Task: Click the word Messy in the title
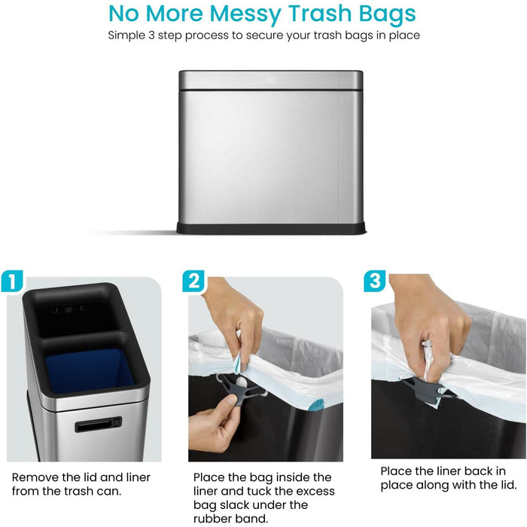(x=245, y=14)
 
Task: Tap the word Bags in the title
(x=387, y=14)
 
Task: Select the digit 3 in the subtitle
(x=151, y=35)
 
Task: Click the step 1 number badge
(x=12, y=281)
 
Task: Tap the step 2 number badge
(x=193, y=281)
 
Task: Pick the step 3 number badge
(x=375, y=281)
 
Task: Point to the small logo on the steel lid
(x=270, y=81)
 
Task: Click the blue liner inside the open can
(x=89, y=370)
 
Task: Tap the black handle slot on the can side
(x=98, y=425)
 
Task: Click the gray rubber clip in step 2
(x=240, y=390)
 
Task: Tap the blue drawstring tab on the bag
(x=318, y=405)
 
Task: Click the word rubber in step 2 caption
(x=213, y=519)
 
